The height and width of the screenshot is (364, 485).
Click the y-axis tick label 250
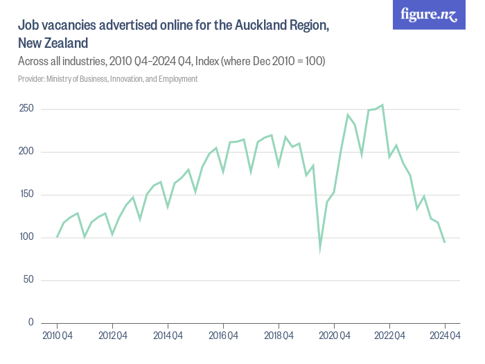[26, 109]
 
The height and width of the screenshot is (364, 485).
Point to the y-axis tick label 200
[26, 151]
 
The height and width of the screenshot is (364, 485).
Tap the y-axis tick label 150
[26, 194]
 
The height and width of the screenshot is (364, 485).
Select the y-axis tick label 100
[26, 237]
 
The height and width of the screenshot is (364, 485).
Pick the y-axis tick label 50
[28, 279]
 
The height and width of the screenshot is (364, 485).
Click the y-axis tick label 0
[30, 322]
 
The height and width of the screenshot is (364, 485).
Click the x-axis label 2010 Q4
[57, 336]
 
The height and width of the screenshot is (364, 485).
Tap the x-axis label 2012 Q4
[112, 336]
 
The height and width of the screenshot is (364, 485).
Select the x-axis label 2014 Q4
[168, 336]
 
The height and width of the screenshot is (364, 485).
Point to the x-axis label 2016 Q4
[223, 336]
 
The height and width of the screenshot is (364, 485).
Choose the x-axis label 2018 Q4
[279, 336]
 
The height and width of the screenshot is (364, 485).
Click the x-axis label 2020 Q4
[334, 336]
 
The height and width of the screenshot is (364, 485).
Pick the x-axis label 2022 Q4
[389, 336]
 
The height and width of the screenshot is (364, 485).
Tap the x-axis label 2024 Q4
[445, 336]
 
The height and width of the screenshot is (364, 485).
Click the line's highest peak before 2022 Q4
[382, 105]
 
